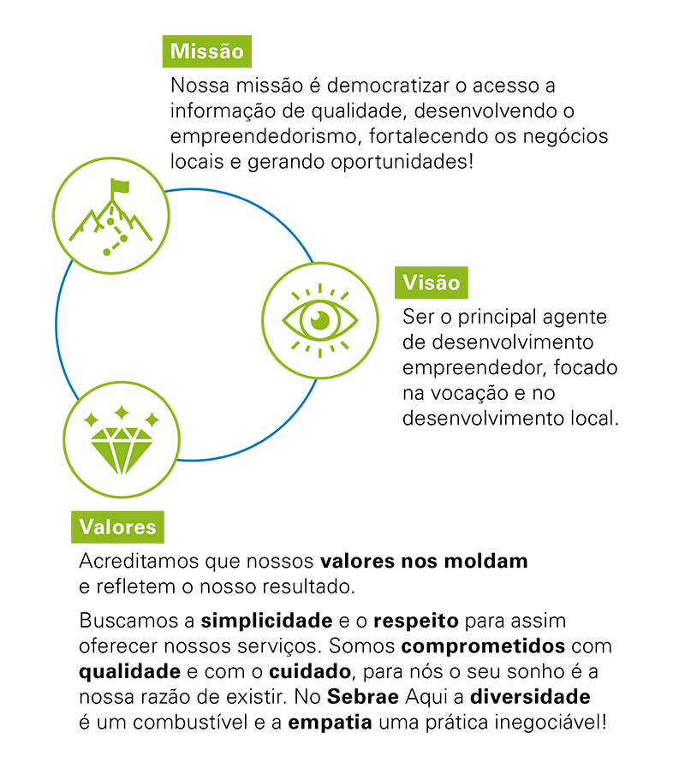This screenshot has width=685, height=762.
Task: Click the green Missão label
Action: click(x=207, y=51)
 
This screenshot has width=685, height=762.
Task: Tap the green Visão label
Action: click(x=431, y=283)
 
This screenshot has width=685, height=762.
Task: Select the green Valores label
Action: click(x=117, y=527)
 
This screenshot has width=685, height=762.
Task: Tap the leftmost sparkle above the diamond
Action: click(x=91, y=420)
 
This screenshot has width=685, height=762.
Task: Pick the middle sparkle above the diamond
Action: click(x=122, y=413)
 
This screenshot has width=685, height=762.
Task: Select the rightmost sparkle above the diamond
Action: click(x=152, y=420)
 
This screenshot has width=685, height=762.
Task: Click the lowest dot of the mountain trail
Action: click(x=106, y=253)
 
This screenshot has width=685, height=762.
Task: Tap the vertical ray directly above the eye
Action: click(x=319, y=289)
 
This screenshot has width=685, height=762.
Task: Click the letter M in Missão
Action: click(x=178, y=51)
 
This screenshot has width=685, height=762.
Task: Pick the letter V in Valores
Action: click(x=86, y=527)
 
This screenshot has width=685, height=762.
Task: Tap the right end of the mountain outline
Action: click(x=152, y=239)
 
